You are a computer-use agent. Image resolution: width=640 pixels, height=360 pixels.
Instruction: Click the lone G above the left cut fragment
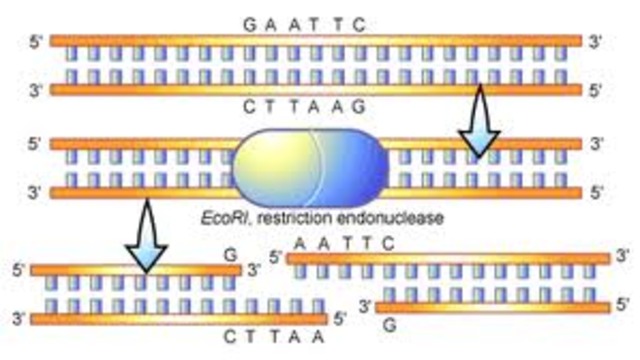[230, 256]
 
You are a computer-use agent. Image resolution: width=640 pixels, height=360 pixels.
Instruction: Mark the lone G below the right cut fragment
[389, 325]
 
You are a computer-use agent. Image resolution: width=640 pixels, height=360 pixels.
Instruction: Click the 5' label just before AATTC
[275, 257]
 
